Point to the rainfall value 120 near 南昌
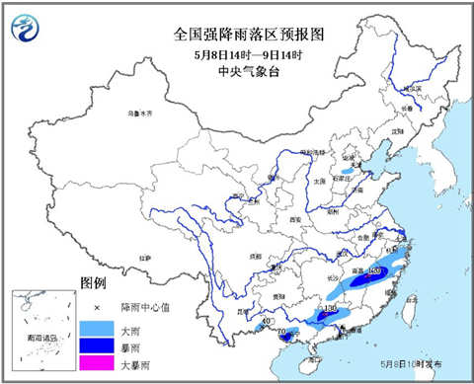[x=373, y=269]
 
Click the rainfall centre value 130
[x=331, y=310]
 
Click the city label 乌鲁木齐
[x=141, y=114]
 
